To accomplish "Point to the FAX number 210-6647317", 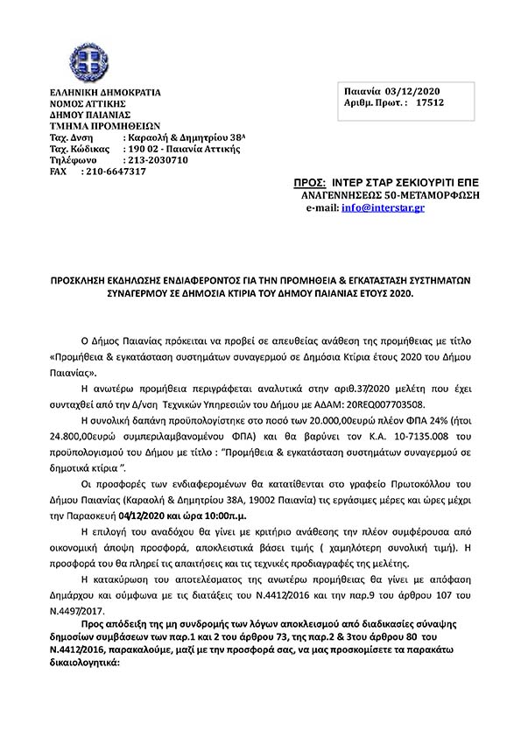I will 114,172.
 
